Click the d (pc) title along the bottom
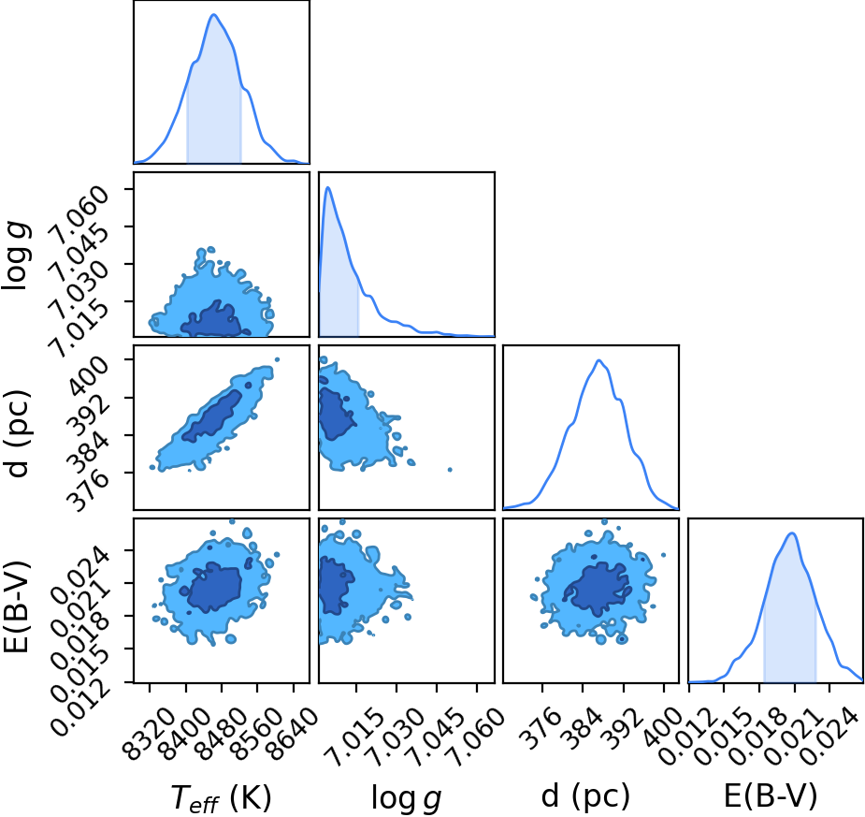[585, 796]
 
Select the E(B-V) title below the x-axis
[771, 796]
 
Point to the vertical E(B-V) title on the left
[17, 607]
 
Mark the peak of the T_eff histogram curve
[214, 14]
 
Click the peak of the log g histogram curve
[327, 188]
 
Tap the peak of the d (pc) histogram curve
[598, 360]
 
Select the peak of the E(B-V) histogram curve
[792, 533]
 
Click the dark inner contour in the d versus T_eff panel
[213, 416]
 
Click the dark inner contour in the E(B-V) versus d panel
[598, 589]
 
